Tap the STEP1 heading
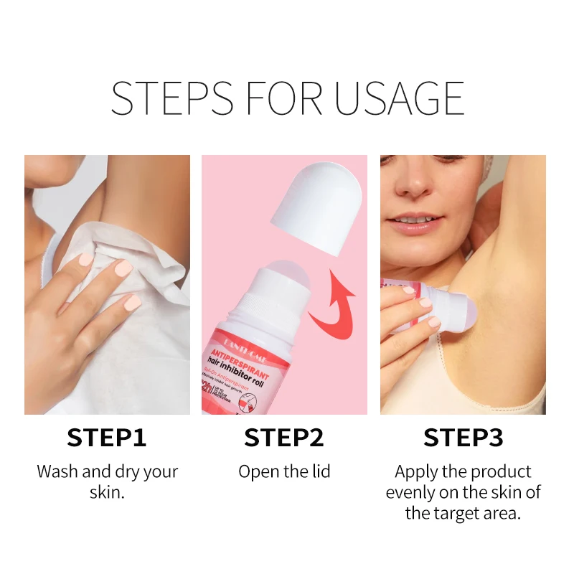pos(107,438)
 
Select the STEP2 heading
pos(284,438)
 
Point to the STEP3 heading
pos(463,438)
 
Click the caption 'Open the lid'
pos(284,472)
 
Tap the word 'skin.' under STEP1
pos(107,493)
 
